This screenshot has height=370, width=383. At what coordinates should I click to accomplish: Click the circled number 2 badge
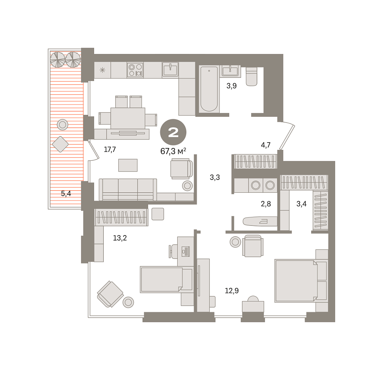[x=173, y=132]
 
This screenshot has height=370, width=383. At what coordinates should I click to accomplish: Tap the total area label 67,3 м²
[x=173, y=151]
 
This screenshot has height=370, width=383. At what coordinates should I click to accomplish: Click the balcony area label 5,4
[x=66, y=193]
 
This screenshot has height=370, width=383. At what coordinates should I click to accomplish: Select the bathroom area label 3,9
[x=231, y=86]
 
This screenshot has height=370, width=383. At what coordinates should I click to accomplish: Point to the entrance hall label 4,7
[x=266, y=145]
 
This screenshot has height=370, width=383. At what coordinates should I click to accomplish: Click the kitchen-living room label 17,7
[x=110, y=150]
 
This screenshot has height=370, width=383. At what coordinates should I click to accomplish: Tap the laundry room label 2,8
[x=266, y=204]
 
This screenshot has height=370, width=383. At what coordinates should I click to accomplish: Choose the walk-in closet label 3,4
[x=301, y=204]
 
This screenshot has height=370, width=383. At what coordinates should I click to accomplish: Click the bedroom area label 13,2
[x=120, y=238]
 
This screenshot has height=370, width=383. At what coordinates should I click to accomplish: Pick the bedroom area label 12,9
[x=232, y=291]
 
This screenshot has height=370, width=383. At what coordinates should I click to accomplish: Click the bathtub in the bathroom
[x=209, y=89]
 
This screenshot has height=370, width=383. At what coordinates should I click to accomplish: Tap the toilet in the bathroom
[x=251, y=77]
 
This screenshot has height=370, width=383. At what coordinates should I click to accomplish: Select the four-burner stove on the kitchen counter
[x=135, y=70]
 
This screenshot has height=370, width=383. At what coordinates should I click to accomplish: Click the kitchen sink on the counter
[x=170, y=69]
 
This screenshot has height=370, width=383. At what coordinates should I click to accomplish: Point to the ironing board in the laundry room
[x=260, y=221]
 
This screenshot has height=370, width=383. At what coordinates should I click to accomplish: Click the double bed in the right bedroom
[x=301, y=281]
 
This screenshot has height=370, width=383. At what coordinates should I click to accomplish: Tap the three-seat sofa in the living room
[x=128, y=189]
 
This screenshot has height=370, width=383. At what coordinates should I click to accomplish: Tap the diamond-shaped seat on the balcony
[x=60, y=144]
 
